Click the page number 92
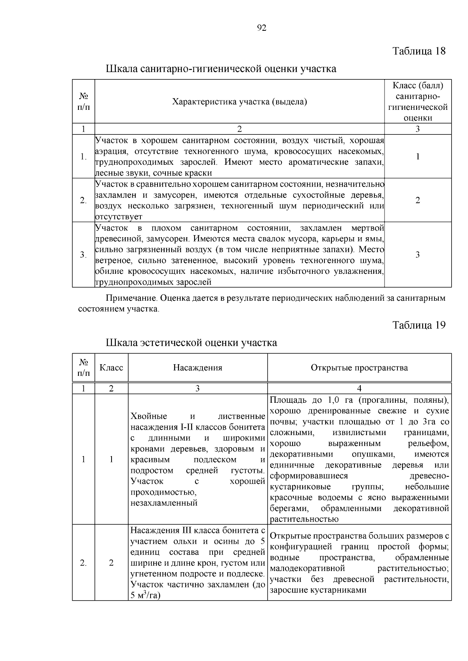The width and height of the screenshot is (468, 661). (x=262, y=28)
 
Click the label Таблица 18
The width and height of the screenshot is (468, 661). (x=419, y=51)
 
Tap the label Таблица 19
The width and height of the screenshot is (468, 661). (x=419, y=325)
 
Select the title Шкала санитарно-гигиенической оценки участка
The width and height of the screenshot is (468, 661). (x=221, y=69)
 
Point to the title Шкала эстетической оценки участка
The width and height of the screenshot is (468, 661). (x=191, y=343)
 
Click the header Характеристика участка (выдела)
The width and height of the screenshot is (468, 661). (x=239, y=102)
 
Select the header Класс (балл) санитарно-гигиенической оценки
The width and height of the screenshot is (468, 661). (x=418, y=102)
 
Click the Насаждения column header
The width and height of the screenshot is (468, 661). (x=198, y=368)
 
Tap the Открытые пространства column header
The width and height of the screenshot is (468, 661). (x=359, y=368)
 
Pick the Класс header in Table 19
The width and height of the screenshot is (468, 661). (x=111, y=368)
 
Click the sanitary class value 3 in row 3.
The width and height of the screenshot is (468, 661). (x=418, y=255)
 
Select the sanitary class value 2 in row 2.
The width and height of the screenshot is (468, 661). (x=418, y=200)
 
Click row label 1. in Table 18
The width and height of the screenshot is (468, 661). (x=83, y=157)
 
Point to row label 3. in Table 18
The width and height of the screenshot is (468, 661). (x=83, y=255)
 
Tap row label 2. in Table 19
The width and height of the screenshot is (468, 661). (x=83, y=563)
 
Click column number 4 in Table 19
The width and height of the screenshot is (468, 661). (x=359, y=388)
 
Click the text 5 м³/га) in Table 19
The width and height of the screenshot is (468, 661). (x=146, y=595)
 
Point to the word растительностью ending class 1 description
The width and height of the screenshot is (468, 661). (x=304, y=519)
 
